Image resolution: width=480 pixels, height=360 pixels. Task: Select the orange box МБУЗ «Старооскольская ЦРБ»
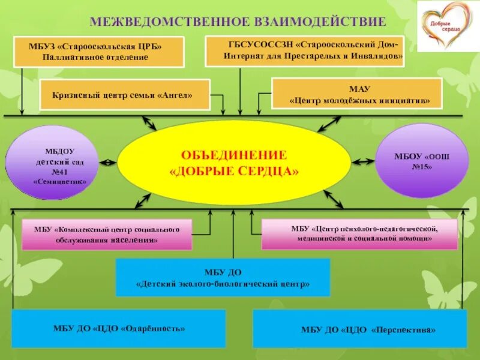pyautogui.click(x=98, y=52)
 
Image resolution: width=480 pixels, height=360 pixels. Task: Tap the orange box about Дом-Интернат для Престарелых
pyautogui.click(x=305, y=50)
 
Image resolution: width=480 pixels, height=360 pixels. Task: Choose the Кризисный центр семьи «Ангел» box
pyautogui.click(x=125, y=95)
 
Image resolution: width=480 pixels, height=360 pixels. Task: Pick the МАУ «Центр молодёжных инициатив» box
pyautogui.click(x=357, y=94)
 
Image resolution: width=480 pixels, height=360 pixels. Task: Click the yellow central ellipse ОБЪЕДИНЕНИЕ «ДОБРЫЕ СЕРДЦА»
pyautogui.click(x=234, y=163)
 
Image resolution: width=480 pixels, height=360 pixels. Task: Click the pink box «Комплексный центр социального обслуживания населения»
pyautogui.click(x=107, y=235)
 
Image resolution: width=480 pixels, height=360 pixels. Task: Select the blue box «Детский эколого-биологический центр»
pyautogui.click(x=223, y=277)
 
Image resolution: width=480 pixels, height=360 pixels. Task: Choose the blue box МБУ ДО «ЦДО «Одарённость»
pyautogui.click(x=119, y=328)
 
